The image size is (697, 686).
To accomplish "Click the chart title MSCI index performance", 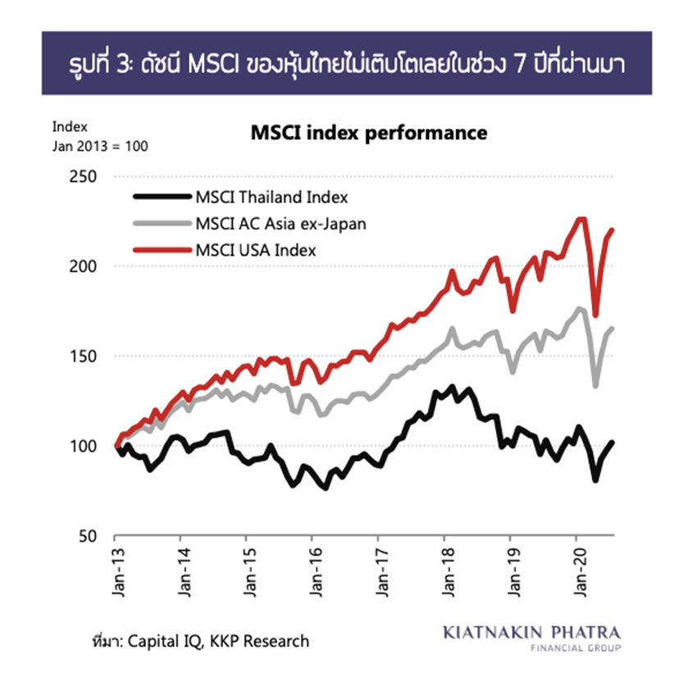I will point(368,133).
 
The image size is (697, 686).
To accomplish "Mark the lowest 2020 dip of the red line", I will point(596,316).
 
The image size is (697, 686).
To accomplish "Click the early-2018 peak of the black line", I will point(452,387).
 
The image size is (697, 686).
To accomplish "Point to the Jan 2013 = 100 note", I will point(99,146).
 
